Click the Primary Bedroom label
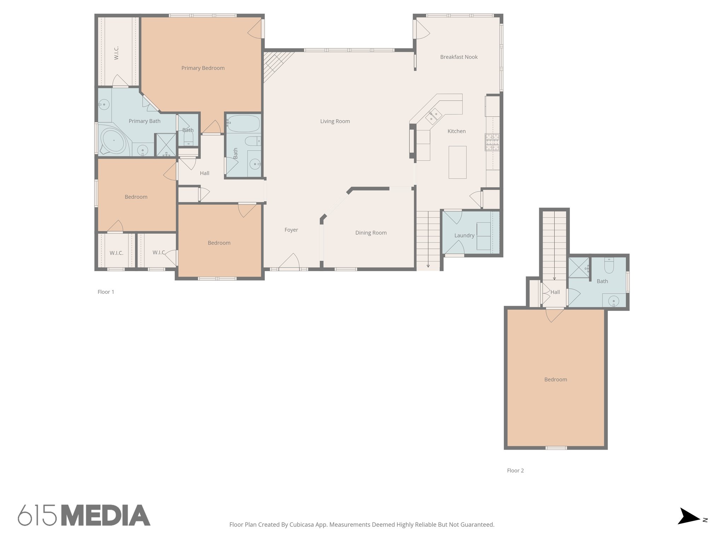click(x=203, y=68)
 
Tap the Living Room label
click(x=335, y=121)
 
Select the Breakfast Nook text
click(x=459, y=57)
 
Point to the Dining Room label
click(x=371, y=233)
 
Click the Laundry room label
click(x=464, y=235)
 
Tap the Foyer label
click(x=291, y=230)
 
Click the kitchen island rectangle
click(x=457, y=162)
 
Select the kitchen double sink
click(x=433, y=116)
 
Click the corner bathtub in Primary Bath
click(x=113, y=141)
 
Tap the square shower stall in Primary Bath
click(x=166, y=145)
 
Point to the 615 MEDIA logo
click(x=84, y=515)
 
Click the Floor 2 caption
click(x=515, y=471)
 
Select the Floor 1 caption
click(x=106, y=292)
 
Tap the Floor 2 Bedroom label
click(x=555, y=380)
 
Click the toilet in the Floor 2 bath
click(x=609, y=266)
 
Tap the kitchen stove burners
click(x=492, y=142)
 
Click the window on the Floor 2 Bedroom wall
click(x=556, y=448)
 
